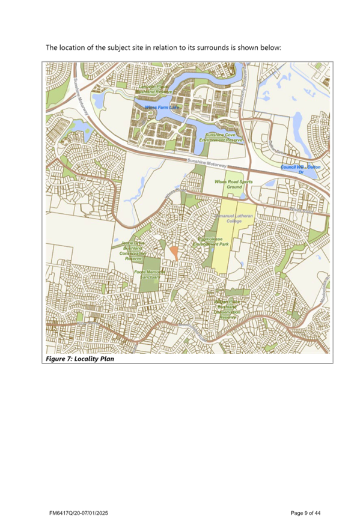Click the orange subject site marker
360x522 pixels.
(172, 252)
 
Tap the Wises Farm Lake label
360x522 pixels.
(162, 107)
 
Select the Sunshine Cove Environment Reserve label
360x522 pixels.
(224, 138)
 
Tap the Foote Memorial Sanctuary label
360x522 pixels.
(150, 275)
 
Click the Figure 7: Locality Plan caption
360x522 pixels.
(79, 359)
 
